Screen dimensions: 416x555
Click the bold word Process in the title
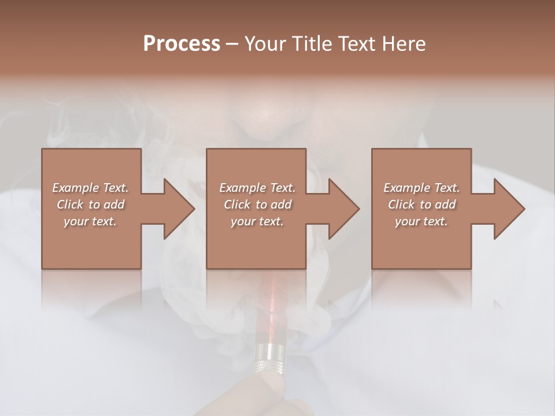[x=182, y=44]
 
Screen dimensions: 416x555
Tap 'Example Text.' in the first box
[x=90, y=188]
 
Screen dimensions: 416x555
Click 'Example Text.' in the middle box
[x=257, y=188]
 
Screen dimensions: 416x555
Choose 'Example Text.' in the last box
[x=421, y=188]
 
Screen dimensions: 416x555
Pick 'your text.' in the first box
[x=90, y=221]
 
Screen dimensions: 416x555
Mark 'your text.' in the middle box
[x=257, y=221]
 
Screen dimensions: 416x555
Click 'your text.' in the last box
[x=421, y=221]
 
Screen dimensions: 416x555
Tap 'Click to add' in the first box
[x=90, y=205]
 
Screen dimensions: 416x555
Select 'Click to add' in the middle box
[x=257, y=205]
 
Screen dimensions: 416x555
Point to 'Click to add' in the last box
[x=421, y=205]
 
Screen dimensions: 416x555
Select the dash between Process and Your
[x=232, y=44]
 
